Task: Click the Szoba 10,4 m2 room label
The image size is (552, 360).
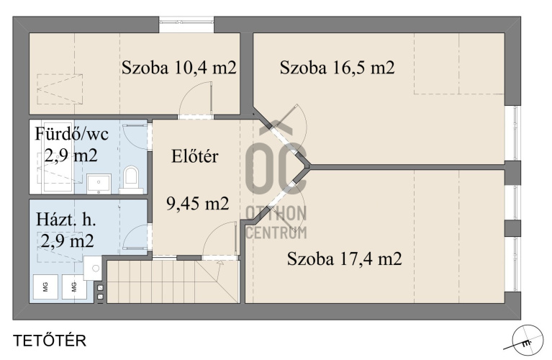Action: coord(178,67)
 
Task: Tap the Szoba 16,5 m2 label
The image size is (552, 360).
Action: coord(337,67)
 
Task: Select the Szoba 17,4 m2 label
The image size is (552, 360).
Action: coord(344,258)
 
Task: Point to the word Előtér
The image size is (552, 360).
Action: coord(195,156)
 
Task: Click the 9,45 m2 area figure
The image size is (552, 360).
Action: coord(197,203)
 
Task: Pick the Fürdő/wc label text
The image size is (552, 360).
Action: coord(72,134)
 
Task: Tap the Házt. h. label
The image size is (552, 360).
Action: coord(66,220)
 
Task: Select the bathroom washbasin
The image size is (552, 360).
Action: coord(99,184)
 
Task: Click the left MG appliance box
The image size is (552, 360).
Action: coord(45,287)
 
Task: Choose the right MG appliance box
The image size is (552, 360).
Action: coord(74,287)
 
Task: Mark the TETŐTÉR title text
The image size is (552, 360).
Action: coord(50,341)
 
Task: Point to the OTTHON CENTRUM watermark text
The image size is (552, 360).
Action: coord(276,222)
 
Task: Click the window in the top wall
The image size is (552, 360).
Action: coord(186,21)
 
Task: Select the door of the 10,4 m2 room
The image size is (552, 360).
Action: coord(196,100)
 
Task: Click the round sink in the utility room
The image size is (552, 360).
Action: coord(93,268)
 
